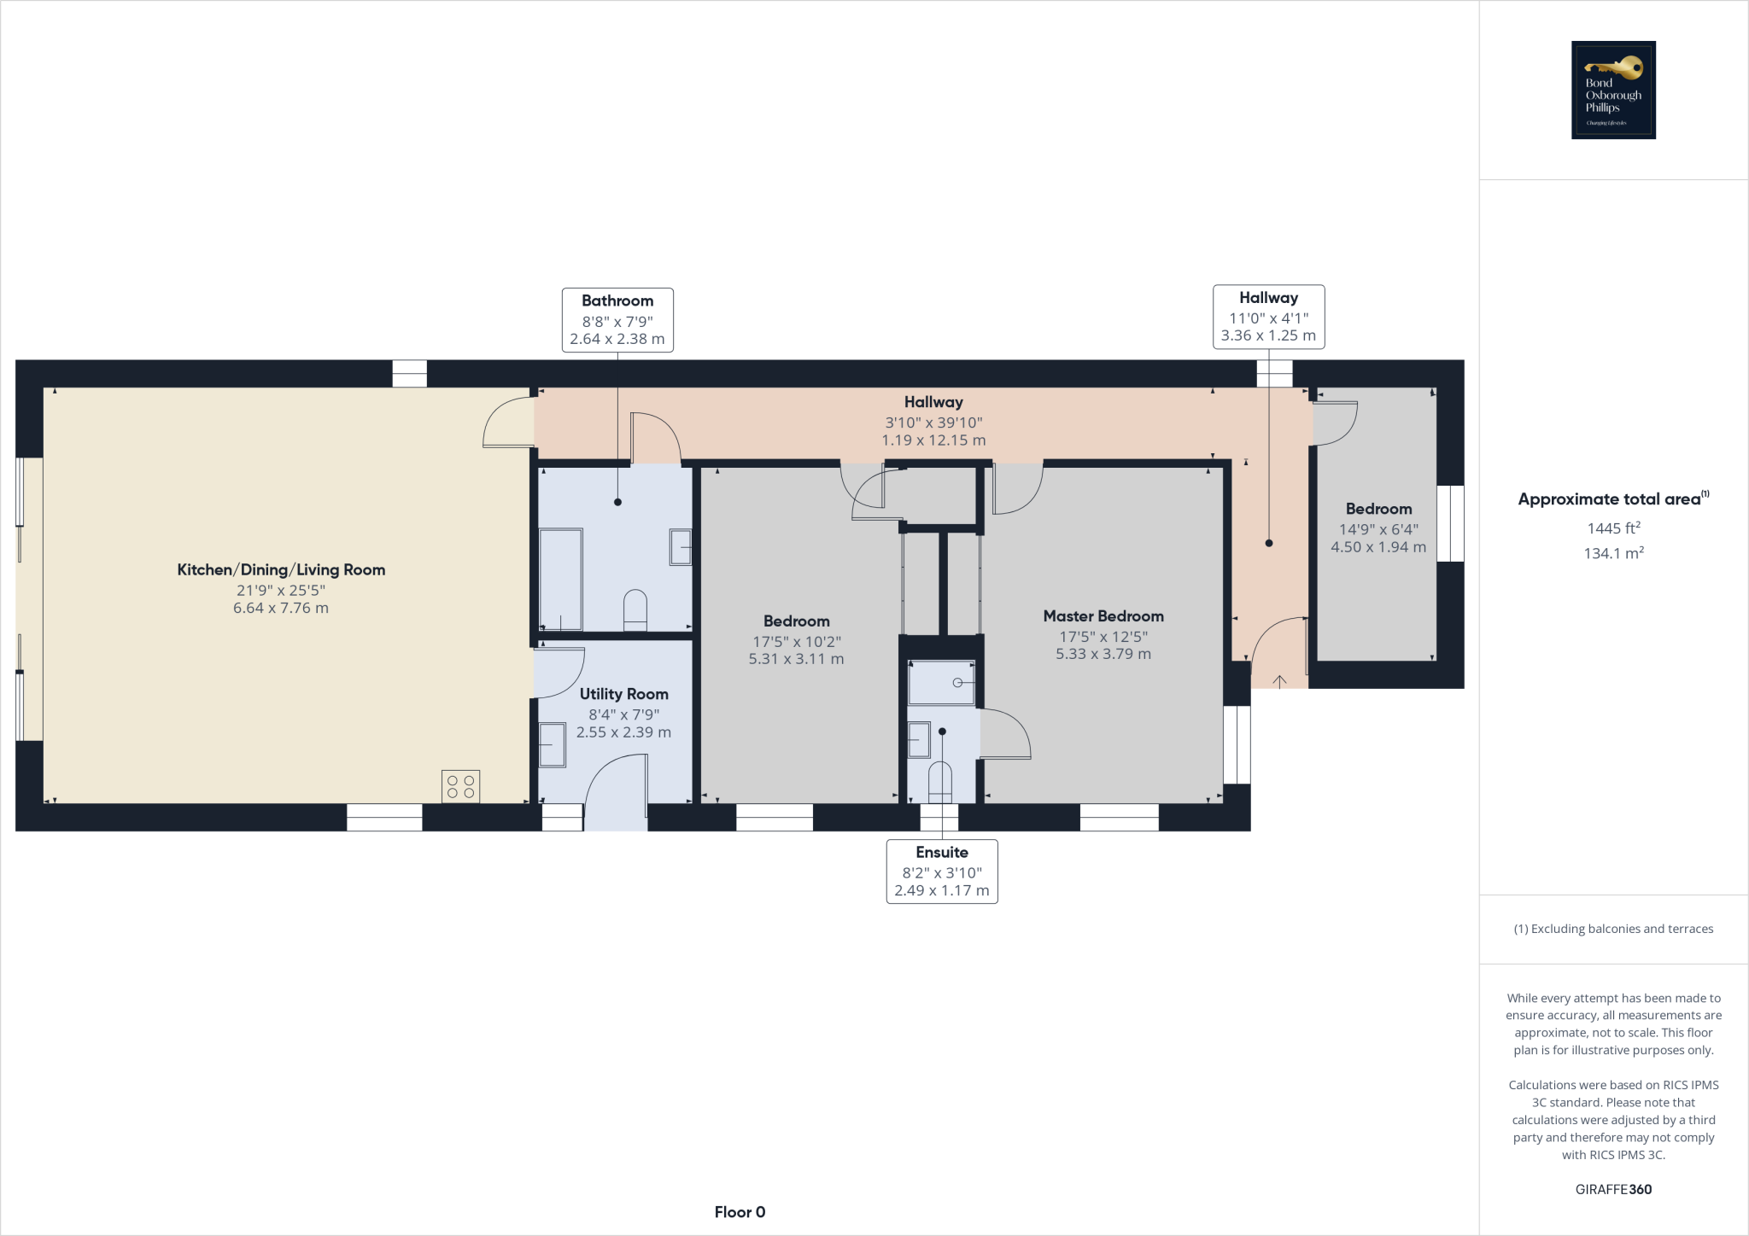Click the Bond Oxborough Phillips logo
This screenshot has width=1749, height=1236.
click(x=1613, y=90)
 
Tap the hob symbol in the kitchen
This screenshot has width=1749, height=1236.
click(x=460, y=786)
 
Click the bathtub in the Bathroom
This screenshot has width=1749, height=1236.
click(x=560, y=579)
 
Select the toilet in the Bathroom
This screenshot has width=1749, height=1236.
click(x=635, y=609)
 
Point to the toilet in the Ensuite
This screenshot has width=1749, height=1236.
click(x=939, y=781)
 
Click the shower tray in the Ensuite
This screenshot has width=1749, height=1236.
click(x=940, y=683)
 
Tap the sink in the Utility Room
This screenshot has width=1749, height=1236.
click(x=552, y=744)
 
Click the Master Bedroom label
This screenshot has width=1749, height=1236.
click(x=1103, y=616)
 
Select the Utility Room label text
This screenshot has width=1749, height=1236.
click(x=623, y=694)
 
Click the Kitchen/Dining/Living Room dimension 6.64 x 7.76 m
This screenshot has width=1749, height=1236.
click(x=280, y=608)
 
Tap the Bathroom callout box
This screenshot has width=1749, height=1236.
click(x=617, y=320)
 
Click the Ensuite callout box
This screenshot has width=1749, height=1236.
click(x=941, y=871)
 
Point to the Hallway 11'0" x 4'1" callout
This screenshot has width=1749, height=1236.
click(x=1268, y=317)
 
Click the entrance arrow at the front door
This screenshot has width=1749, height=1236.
click(x=1279, y=680)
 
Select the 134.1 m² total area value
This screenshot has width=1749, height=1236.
click(x=1613, y=553)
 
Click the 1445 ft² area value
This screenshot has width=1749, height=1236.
click(x=1613, y=528)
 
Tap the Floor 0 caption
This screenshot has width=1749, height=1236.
click(x=740, y=1212)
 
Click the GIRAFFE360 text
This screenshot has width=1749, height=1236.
click(x=1613, y=1189)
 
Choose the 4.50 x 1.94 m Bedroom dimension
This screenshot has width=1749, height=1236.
click(x=1378, y=547)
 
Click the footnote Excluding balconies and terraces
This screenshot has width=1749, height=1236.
click(x=1613, y=929)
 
